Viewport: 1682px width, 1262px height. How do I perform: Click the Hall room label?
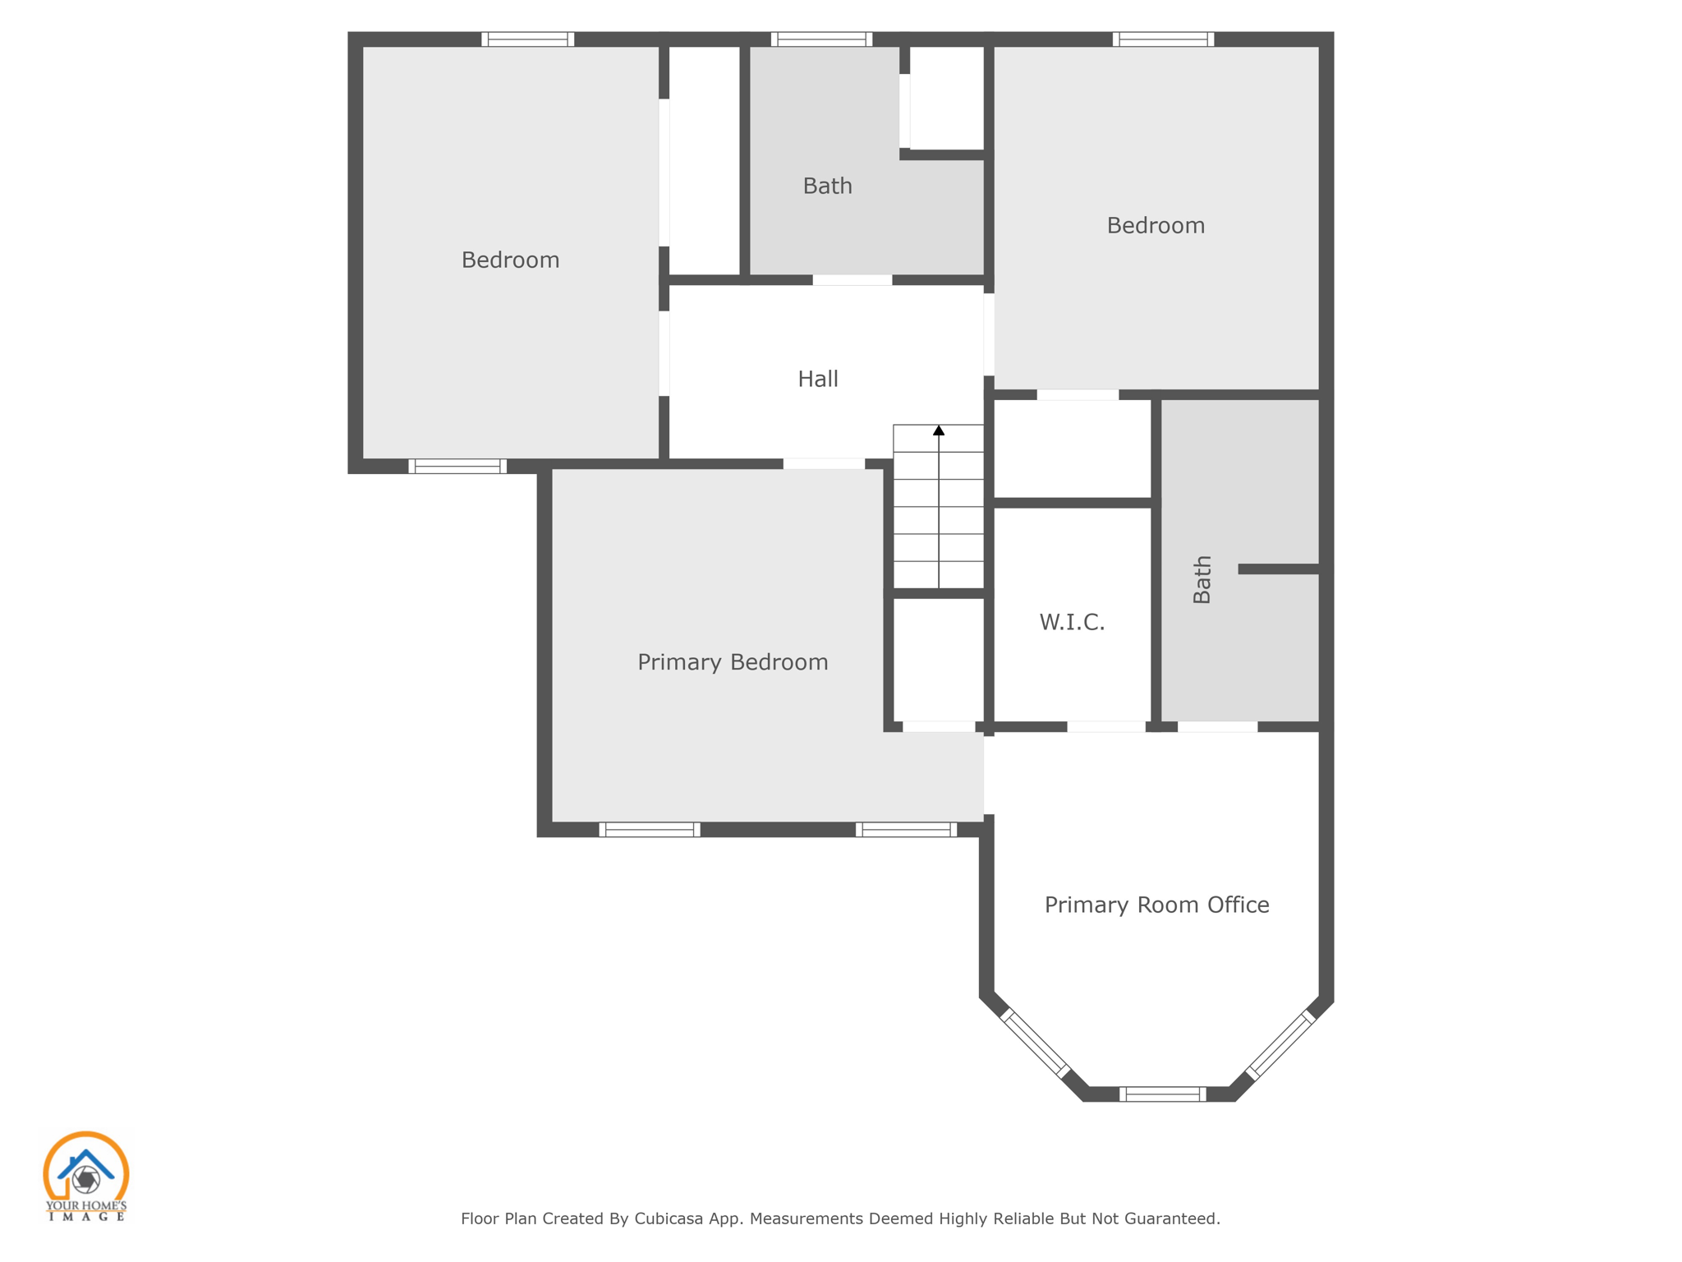[818, 379]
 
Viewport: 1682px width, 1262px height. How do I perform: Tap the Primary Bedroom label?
[733, 662]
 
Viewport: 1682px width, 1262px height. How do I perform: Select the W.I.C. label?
[1072, 622]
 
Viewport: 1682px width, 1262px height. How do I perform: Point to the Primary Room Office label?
[1156, 905]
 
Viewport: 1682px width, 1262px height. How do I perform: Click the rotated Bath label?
[1202, 579]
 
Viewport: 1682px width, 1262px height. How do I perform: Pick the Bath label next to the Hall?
[827, 186]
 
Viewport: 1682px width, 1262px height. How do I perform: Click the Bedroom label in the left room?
[510, 260]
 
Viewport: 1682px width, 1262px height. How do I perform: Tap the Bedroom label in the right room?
[1156, 225]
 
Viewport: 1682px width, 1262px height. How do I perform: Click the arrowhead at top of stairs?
[939, 431]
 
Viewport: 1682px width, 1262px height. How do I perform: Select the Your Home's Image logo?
[85, 1176]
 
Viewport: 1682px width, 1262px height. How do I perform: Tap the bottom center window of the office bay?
[1162, 1094]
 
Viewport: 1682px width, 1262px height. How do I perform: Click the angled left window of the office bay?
[1035, 1043]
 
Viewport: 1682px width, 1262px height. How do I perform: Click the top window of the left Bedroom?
[527, 39]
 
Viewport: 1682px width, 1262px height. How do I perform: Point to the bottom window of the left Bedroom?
[457, 467]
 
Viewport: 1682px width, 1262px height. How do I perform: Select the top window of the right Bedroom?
[1163, 39]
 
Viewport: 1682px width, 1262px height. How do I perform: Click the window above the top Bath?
[821, 39]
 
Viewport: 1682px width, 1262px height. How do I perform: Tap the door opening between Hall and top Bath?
[852, 280]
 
